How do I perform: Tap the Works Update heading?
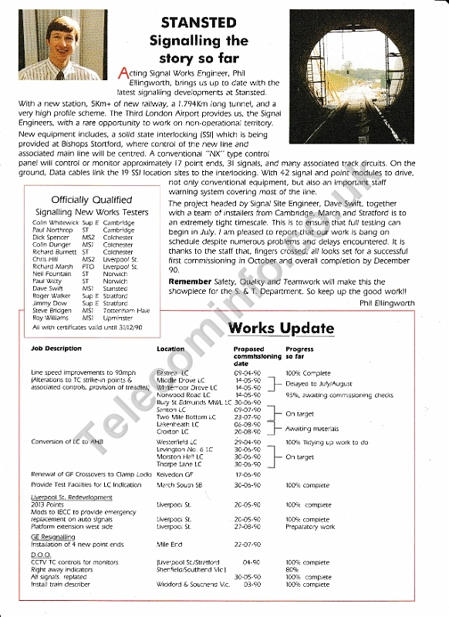281,329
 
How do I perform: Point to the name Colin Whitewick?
50,223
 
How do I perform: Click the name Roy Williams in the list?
47,317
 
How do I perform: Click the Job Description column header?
56,349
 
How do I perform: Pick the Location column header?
170,349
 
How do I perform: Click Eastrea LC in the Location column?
172,373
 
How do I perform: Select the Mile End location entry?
168,545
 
